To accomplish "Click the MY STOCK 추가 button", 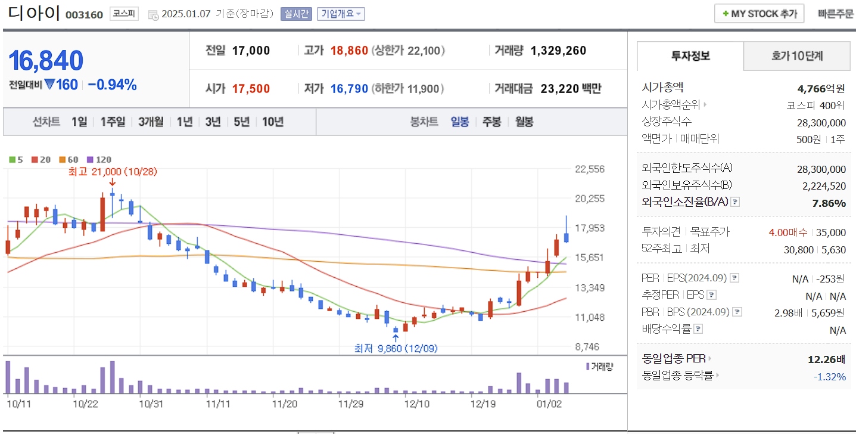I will point(759,14).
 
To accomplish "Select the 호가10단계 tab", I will point(796,56).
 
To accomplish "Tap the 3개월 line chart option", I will point(151,122).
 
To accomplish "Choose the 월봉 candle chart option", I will point(524,122).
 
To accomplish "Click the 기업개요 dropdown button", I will point(341,14).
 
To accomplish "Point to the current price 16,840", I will point(46,61).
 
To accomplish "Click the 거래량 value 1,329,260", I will point(558,51).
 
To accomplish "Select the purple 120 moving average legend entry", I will point(99,159).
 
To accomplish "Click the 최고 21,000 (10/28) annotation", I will point(113,172).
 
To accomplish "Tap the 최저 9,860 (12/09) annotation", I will point(396,348).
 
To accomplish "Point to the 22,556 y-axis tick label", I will point(590,169).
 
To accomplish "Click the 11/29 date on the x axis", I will point(351,404).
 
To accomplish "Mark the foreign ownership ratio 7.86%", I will point(829,203).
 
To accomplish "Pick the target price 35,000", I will point(831,232).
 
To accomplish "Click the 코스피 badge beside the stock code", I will point(124,14).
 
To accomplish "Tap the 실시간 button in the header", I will point(296,14).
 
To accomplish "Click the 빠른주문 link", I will point(835,14).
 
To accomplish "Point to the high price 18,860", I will point(349,51).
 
